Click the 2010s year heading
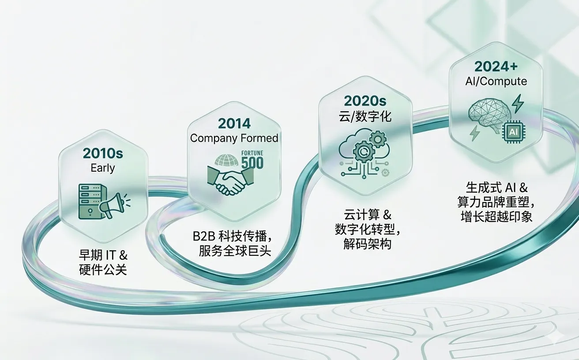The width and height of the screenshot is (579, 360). click(102, 154)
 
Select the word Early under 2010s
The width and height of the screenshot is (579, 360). click(102, 168)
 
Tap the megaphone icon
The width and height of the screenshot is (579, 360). click(113, 205)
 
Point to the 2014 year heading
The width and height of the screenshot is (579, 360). click(233, 123)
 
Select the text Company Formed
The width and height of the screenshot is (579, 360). click(234, 138)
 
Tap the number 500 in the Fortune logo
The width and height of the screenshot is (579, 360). click(252, 162)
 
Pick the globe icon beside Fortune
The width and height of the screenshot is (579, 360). click(226, 159)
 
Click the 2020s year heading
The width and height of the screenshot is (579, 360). click(362, 101)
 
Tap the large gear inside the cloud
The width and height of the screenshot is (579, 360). click(364, 152)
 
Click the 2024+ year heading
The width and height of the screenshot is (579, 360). click(496, 67)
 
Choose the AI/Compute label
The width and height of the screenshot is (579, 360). click(496, 81)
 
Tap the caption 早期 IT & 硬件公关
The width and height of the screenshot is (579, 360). click(103, 262)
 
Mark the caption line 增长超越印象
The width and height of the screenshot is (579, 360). click(496, 216)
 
